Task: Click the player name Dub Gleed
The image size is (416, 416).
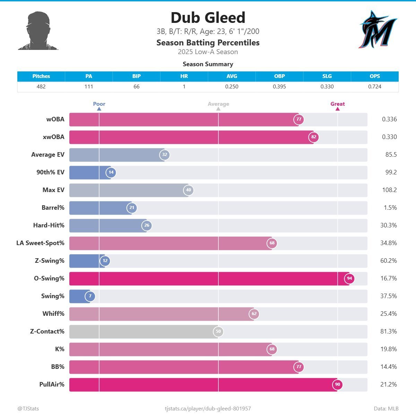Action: [x=208, y=18]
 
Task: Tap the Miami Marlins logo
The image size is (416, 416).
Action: [x=378, y=29]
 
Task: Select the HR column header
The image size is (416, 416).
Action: [x=184, y=76]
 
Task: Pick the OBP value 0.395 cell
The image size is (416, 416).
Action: [x=279, y=87]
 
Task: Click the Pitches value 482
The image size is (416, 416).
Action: [x=41, y=87]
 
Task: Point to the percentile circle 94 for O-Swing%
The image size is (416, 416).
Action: [x=349, y=278]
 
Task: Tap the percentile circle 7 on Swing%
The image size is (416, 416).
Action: [x=90, y=296]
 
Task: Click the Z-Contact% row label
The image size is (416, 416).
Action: [x=47, y=331]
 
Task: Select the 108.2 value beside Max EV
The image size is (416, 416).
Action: [x=389, y=190]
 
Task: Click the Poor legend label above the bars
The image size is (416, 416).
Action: [x=99, y=104]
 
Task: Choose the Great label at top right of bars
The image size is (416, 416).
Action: [x=337, y=104]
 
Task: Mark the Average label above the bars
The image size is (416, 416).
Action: [x=218, y=104]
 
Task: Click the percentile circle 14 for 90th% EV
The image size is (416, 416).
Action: [x=111, y=172]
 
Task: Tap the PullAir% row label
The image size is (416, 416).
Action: [x=52, y=384]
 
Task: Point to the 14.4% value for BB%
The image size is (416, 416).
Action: [x=388, y=367]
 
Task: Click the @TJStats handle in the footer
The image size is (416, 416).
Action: [x=28, y=409]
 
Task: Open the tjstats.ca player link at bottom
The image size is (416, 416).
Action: [x=208, y=409]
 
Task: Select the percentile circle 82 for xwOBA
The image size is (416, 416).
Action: [x=314, y=137]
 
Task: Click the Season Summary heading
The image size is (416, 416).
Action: [x=208, y=64]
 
